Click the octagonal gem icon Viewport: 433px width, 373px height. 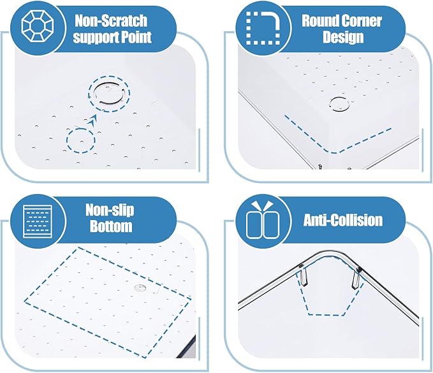(38, 27)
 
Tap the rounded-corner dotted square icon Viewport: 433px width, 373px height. (263, 27)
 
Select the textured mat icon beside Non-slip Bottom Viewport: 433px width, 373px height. (38, 221)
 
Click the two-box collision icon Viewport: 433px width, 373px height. (263, 220)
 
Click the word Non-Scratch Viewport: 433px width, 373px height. (112, 20)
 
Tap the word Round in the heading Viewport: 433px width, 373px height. (319, 20)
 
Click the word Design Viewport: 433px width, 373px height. (343, 37)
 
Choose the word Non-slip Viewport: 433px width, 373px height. (110, 210)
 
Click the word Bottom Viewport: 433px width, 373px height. (111, 226)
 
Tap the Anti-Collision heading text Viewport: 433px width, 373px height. (343, 220)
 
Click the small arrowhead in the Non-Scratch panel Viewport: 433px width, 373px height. (93, 120)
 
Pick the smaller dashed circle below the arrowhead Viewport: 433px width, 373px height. (68, 141)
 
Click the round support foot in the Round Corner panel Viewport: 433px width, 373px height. (339, 104)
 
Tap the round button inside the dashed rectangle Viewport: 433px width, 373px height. (140, 288)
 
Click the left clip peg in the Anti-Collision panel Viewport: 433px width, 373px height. (303, 277)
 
